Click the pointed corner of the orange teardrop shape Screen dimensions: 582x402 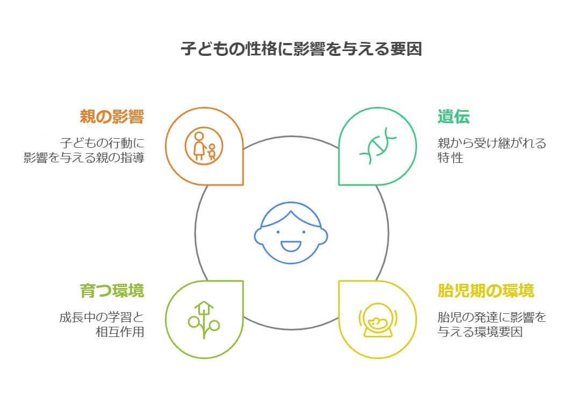tap(243, 184)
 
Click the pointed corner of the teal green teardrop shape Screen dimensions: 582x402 tap(339, 184)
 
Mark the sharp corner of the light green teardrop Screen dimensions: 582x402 tap(243, 281)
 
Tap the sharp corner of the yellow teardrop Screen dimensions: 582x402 tap(339, 281)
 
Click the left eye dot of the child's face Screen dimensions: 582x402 tap(278, 232)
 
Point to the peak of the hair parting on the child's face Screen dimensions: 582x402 tap(291, 211)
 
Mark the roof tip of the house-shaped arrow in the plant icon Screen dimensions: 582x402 tap(204, 302)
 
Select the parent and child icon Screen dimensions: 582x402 tap(204, 146)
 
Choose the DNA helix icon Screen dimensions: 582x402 tap(378, 146)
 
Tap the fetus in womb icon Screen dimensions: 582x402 tap(378, 320)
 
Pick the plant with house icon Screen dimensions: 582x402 tap(204, 320)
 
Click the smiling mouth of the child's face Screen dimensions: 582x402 tap(291, 246)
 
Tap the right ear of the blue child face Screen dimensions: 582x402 tap(324, 236)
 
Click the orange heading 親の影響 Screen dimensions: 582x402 tap(112, 117)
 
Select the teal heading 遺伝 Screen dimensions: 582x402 tap(454, 117)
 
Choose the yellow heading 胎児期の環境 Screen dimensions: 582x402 tap(486, 290)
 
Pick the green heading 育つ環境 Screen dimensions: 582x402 tap(112, 290)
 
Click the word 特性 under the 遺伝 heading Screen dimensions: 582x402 tap(450, 158)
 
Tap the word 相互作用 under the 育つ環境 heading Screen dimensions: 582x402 tap(120, 332)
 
